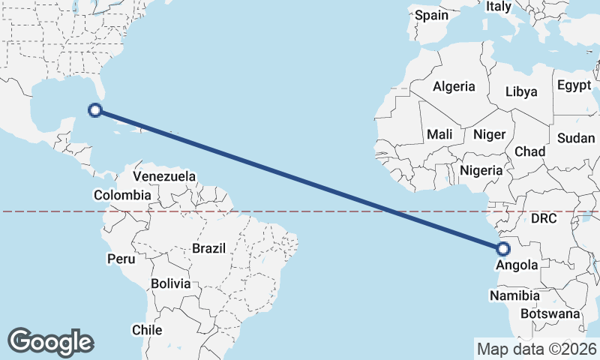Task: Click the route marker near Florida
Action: (x=95, y=110)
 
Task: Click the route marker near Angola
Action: (x=502, y=249)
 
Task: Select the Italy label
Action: (x=498, y=7)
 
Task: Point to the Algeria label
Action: (x=454, y=86)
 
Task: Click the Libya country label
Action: (x=521, y=92)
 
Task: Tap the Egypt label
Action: (x=574, y=85)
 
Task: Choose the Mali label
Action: (x=439, y=135)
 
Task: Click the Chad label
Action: (x=529, y=151)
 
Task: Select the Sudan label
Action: (x=576, y=138)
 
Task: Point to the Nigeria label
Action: (x=481, y=170)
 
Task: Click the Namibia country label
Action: (x=514, y=296)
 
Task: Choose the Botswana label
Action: (x=551, y=313)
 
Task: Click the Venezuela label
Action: (x=164, y=177)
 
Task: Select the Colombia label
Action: (x=121, y=195)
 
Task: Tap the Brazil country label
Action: (x=209, y=248)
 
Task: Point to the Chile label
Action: (x=147, y=330)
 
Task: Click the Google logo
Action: (x=50, y=342)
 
